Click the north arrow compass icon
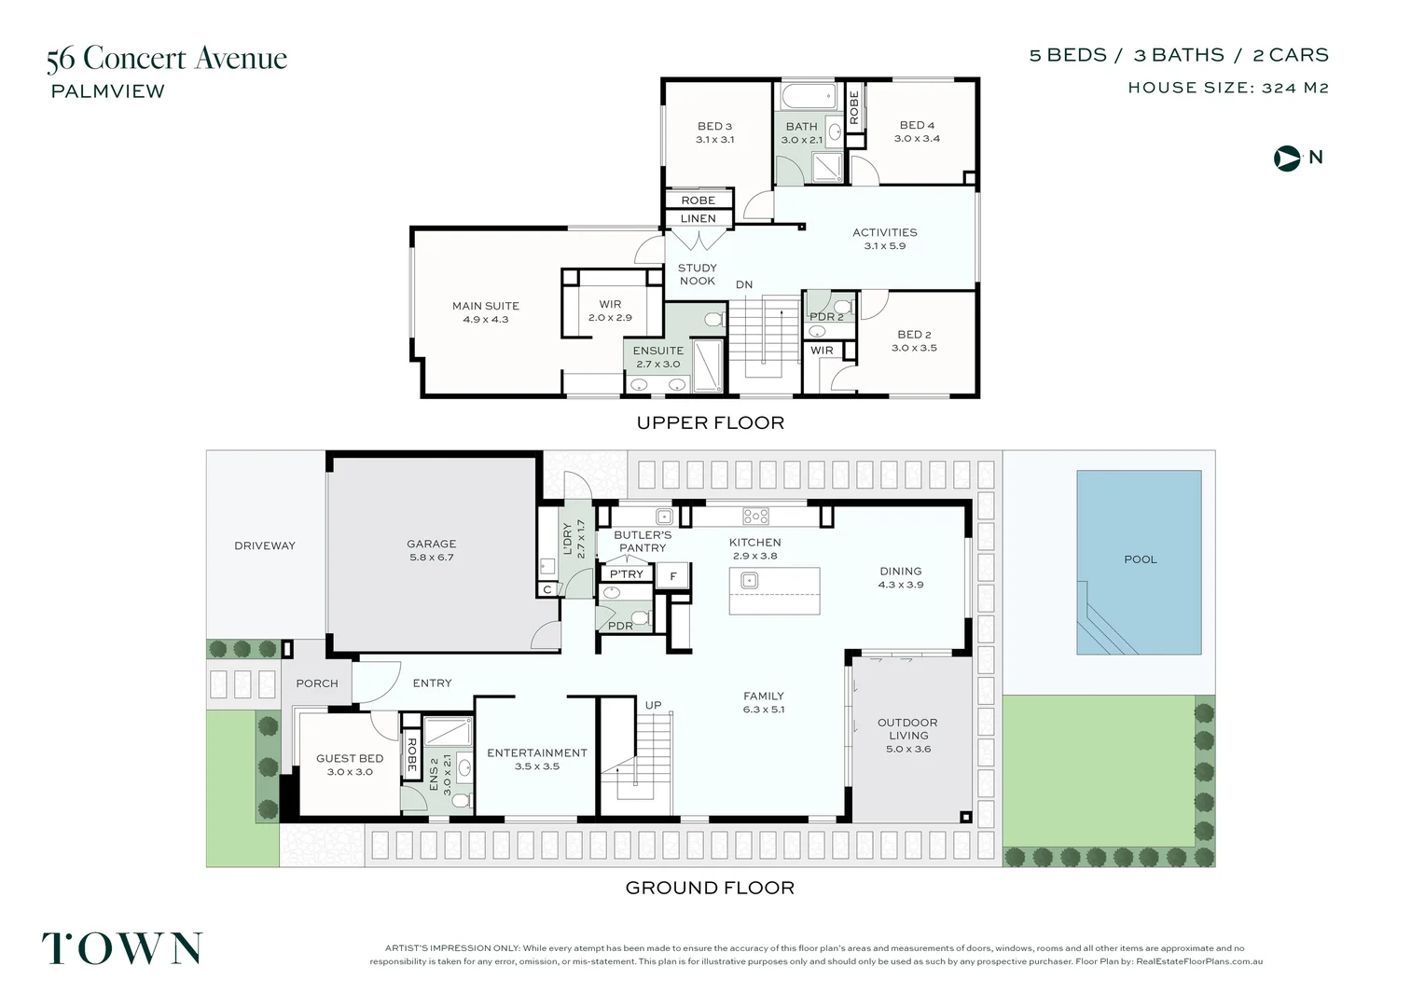click(x=1287, y=158)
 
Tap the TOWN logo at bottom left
click(x=121, y=948)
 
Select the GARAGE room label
click(x=431, y=544)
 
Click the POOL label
click(x=1140, y=559)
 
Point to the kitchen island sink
click(x=749, y=581)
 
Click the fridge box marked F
click(x=672, y=576)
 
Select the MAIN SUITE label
click(x=485, y=306)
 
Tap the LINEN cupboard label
click(x=698, y=218)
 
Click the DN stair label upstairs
click(x=743, y=284)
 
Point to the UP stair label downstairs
click(x=653, y=705)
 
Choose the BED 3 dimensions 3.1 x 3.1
click(x=714, y=140)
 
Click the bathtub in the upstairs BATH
click(x=808, y=96)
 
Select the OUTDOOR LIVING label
click(x=907, y=728)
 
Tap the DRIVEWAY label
click(x=264, y=545)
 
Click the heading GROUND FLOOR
click(x=710, y=888)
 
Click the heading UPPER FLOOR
click(x=710, y=422)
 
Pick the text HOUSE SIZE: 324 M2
click(x=1227, y=88)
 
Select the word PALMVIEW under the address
click(x=107, y=91)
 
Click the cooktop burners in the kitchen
click(x=755, y=516)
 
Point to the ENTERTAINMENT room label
click(x=537, y=752)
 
